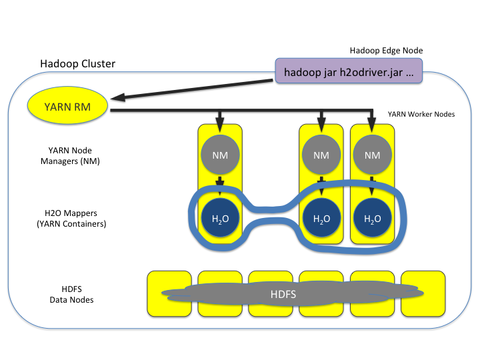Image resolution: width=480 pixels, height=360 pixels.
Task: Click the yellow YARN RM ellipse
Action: tap(68, 107)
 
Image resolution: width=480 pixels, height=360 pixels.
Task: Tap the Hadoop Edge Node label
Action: tap(386, 51)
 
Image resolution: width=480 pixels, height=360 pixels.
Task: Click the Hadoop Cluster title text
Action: tap(77, 64)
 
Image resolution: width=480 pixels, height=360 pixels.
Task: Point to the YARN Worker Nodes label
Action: tap(421, 114)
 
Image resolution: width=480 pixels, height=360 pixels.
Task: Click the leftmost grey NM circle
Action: tap(219, 155)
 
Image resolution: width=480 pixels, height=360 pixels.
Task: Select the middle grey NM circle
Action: tap(321, 155)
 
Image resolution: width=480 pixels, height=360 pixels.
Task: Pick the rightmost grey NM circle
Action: tap(373, 155)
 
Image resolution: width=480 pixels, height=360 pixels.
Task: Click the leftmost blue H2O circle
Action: tap(219, 218)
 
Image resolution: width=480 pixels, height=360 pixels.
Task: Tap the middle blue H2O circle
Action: tap(321, 218)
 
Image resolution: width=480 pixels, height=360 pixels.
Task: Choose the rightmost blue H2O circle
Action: tap(373, 218)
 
